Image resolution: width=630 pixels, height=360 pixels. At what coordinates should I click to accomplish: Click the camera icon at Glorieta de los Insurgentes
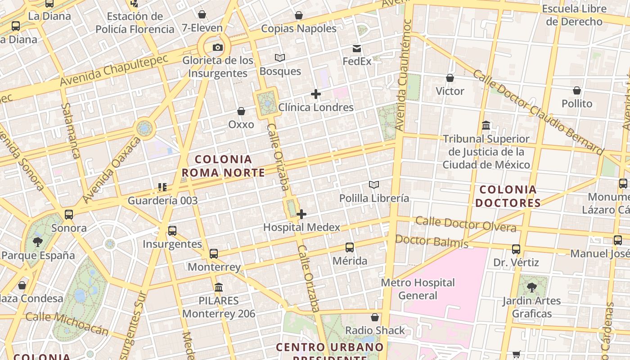pos(218,47)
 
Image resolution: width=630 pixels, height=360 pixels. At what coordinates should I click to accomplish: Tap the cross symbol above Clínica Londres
pos(316,94)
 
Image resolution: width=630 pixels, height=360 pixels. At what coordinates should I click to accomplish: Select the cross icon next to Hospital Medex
pos(301,214)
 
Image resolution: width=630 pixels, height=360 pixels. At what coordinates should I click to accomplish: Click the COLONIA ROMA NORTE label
pos(223,166)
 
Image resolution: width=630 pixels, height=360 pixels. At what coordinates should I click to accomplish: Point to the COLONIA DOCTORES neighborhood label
pos(508,196)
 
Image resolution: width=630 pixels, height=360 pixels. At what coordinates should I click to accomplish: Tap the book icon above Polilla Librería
pos(373,184)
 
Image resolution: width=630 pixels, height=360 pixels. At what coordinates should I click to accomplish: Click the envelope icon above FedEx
pos(357,49)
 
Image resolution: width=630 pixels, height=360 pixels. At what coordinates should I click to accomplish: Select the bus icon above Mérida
pos(350,247)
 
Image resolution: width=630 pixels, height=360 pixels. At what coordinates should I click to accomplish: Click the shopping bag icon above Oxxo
pos(241,111)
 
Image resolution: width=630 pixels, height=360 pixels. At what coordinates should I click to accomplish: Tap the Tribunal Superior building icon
pos(486,125)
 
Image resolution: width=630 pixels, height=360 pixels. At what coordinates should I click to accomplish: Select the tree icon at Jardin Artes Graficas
pos(531,287)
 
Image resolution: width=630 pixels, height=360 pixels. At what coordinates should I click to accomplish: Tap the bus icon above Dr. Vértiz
pos(516,249)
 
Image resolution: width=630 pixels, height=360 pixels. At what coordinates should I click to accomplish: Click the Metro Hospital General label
pos(418,289)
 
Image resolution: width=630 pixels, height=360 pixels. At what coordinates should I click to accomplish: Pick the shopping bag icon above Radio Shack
pos(374,317)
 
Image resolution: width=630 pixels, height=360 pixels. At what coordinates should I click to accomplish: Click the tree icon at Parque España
pos(38,242)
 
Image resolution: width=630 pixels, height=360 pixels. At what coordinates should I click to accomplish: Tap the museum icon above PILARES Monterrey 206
pos(219,287)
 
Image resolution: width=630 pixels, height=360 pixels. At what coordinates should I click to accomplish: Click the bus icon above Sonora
pos(68,215)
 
